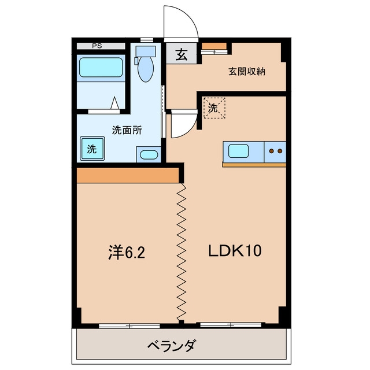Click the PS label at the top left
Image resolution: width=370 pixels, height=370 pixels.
97,46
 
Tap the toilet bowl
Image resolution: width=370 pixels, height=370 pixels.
146,69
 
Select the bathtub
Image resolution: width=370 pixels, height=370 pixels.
101,68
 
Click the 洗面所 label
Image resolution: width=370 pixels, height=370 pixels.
127,130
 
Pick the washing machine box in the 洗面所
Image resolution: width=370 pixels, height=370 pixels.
92,149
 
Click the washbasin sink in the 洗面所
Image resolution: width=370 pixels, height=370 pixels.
149,155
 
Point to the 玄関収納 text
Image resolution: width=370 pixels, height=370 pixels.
247,72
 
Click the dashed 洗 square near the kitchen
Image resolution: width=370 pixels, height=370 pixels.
214,108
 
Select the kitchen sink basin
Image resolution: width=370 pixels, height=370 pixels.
238,151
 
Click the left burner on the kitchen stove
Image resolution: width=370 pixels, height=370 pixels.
272,151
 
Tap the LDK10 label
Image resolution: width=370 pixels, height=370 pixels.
235,250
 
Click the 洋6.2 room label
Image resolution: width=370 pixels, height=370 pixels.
127,252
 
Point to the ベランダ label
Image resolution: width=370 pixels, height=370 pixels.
172,346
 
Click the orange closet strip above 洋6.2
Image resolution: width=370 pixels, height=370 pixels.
127,175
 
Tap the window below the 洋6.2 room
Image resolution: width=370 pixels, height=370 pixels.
129,326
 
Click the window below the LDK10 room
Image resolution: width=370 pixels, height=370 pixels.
231,325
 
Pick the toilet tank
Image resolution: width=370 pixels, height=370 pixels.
146,51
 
